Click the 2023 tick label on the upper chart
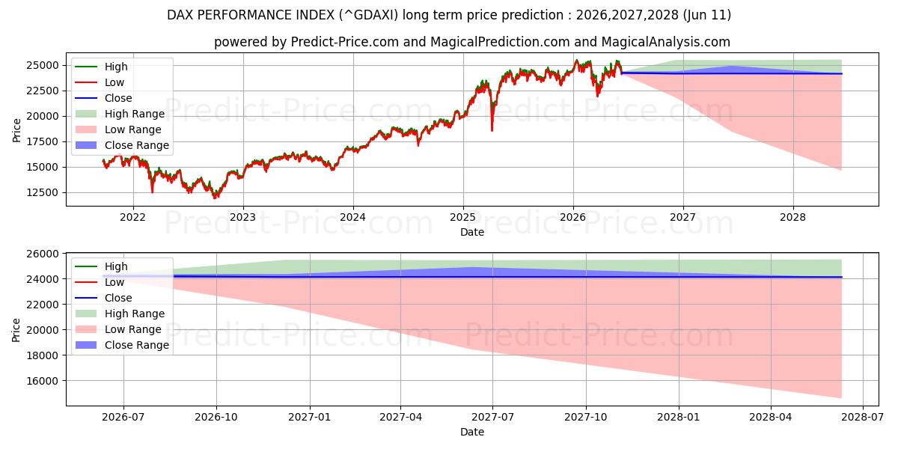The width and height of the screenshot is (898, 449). click(242, 217)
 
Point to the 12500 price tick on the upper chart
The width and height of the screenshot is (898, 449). click(42, 192)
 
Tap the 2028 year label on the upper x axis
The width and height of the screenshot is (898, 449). click(792, 217)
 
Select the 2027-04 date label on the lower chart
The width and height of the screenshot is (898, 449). click(400, 418)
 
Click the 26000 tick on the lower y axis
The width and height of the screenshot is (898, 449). click(42, 254)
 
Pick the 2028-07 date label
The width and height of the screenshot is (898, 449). click(862, 418)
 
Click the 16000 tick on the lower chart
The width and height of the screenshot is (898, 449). click(42, 381)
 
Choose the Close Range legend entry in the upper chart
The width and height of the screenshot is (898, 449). click(122, 145)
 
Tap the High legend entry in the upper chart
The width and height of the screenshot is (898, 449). click(102, 67)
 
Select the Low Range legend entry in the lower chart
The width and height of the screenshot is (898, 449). click(118, 329)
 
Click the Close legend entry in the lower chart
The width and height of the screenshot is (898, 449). click(103, 298)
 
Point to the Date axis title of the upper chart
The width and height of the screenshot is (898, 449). click(472, 232)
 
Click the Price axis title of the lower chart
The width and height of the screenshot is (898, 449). click(16, 330)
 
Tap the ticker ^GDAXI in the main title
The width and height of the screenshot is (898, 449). click(369, 15)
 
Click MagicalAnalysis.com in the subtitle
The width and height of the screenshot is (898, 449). click(665, 42)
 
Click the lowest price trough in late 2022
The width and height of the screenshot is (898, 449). click(215, 196)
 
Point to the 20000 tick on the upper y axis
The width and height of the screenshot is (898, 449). click(42, 116)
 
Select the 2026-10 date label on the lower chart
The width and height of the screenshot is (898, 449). click(216, 418)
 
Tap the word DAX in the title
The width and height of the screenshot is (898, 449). click(179, 15)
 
